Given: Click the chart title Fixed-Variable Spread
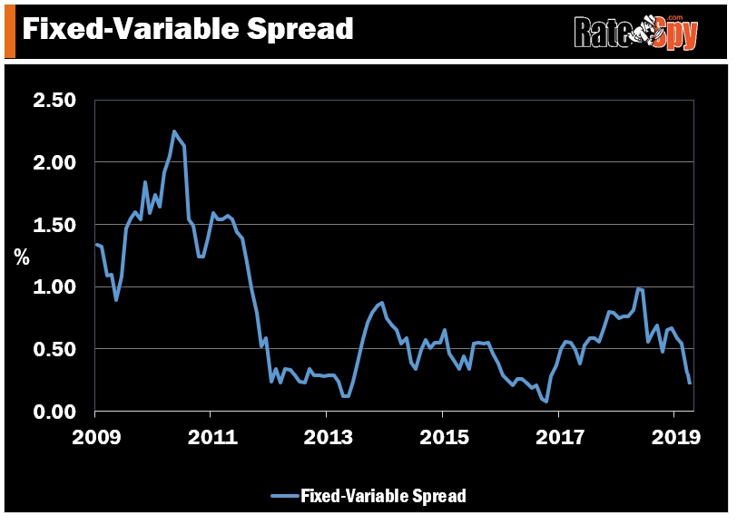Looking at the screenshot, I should pyautogui.click(x=187, y=29).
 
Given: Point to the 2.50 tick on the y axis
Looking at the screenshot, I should pyautogui.click(x=55, y=100).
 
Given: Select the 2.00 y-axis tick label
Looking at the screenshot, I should pyautogui.click(x=55, y=162).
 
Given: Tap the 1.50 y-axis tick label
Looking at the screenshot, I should pyautogui.click(x=55, y=225).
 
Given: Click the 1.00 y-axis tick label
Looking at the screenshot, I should pyautogui.click(x=55, y=287).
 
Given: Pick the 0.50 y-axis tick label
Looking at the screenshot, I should pyautogui.click(x=55, y=349).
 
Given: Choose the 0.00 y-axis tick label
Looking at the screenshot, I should pyautogui.click(x=55, y=412).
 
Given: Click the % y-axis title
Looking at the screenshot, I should pyautogui.click(x=21, y=257).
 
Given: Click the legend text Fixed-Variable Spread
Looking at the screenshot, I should pyautogui.click(x=383, y=496).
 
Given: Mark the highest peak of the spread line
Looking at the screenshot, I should pyautogui.click(x=173, y=131).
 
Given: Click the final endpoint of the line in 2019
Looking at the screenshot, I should pyautogui.click(x=690, y=383).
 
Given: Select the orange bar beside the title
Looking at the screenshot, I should pyautogui.click(x=9, y=29).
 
